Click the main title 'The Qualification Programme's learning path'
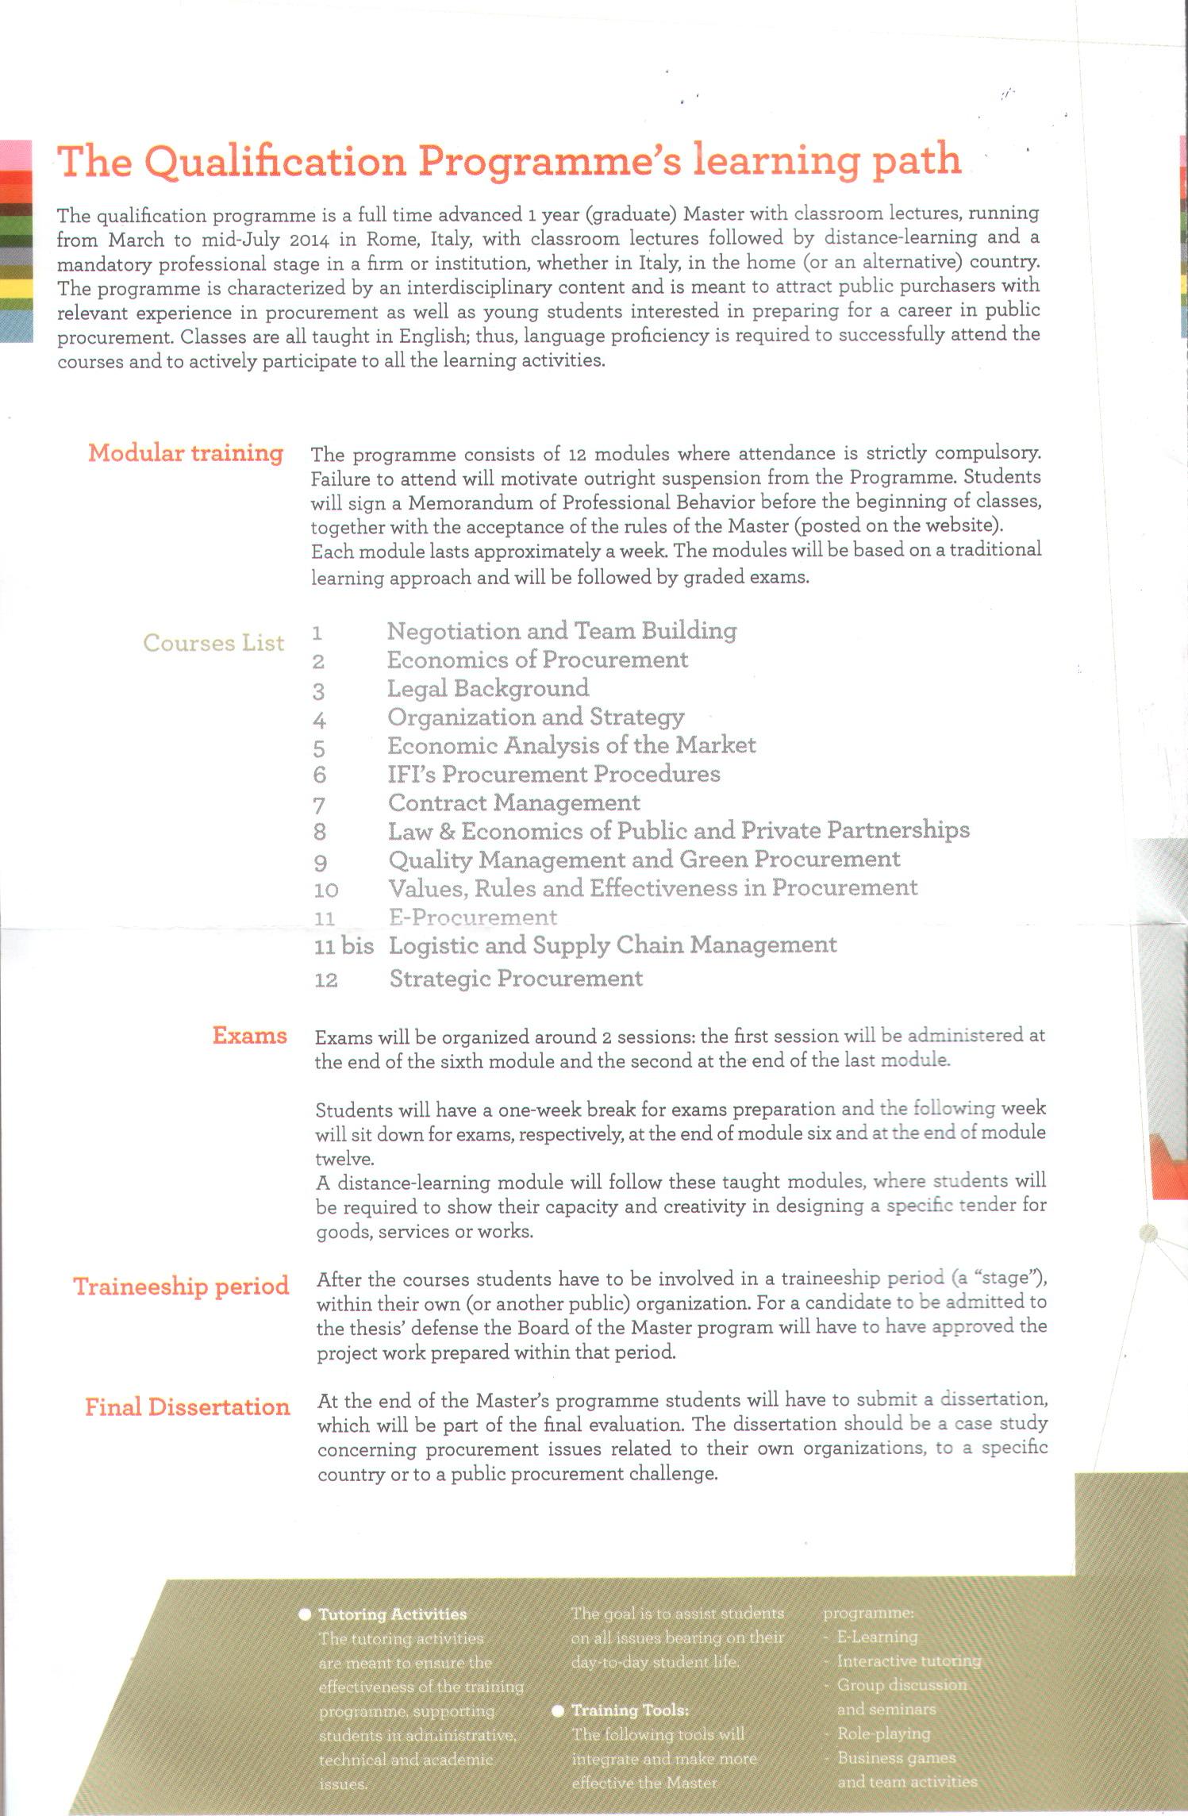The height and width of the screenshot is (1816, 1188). tap(509, 160)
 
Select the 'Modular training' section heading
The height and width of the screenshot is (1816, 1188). tap(186, 452)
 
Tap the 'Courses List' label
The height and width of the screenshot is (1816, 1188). tap(213, 642)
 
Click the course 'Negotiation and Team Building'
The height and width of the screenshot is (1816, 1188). tap(562, 631)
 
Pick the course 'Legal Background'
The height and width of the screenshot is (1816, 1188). tap(488, 688)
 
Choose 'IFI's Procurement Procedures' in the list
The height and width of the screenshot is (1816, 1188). tap(554, 774)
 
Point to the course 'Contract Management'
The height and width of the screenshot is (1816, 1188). tap(514, 802)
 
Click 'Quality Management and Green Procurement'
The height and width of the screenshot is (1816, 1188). tap(644, 860)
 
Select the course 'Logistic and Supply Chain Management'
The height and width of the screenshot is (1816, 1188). tap(613, 945)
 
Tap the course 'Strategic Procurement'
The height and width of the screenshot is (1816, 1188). tap(516, 979)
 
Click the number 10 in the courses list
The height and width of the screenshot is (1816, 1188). tap(326, 891)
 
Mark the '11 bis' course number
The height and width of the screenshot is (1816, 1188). tap(344, 947)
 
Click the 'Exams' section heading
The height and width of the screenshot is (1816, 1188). tap(249, 1036)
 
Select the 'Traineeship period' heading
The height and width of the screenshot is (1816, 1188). tap(181, 1287)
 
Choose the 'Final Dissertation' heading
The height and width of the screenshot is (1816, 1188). tap(187, 1407)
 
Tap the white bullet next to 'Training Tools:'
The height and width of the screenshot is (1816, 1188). tap(558, 1710)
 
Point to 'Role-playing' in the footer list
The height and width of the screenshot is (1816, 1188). tap(883, 1733)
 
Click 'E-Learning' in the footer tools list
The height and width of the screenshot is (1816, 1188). tap(877, 1637)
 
